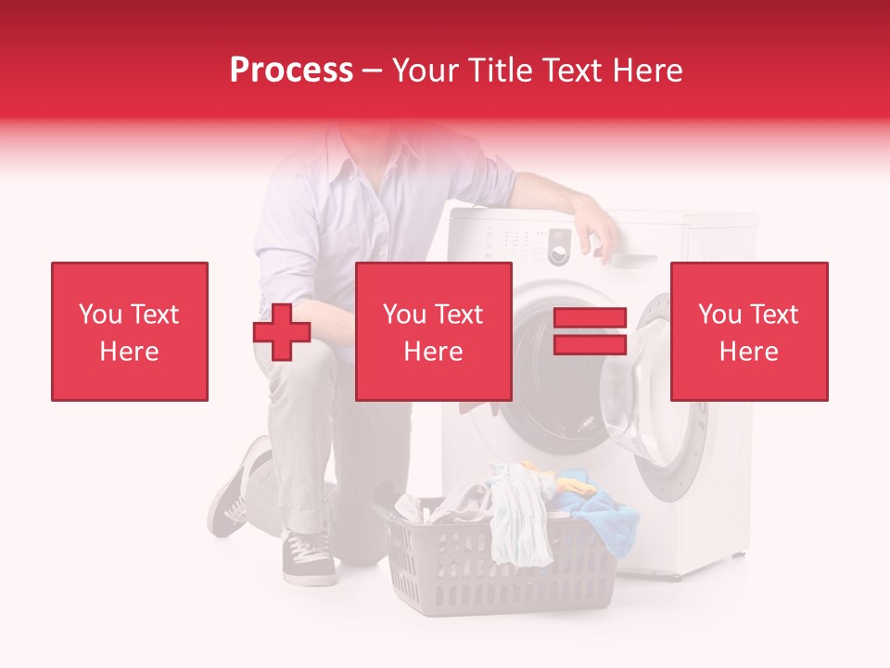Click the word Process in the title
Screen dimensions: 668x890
pos(291,71)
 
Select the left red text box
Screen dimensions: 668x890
pos(130,331)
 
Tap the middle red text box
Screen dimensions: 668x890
pos(433,331)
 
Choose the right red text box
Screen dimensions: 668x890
pos(748,331)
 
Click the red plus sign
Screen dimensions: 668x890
pos(282,331)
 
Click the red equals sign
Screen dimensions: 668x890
pos(590,331)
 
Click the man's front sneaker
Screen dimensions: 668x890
pos(309,559)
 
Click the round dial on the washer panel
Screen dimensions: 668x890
pos(558,251)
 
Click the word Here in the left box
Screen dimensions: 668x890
pos(129,352)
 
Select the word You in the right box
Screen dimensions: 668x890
pos(718,315)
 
